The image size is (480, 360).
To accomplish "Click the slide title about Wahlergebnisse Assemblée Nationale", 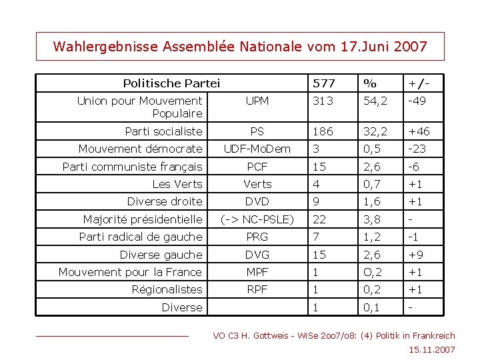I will tap(239, 47).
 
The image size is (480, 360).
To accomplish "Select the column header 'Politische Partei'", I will tap(171, 83).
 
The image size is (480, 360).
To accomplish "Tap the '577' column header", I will tap(324, 83).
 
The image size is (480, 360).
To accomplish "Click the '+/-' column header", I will tap(419, 83).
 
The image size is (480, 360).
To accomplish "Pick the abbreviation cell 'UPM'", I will tap(257, 101).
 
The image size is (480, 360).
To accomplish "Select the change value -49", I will tap(418, 101).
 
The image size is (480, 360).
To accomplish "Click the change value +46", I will tap(419, 131).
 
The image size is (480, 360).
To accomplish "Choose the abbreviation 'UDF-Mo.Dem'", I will tap(257, 149).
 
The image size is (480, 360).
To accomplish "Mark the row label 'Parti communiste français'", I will tap(132, 167).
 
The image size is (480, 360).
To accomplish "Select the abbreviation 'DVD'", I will tap(257, 201).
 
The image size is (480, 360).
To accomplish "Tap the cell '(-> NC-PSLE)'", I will tap(257, 219).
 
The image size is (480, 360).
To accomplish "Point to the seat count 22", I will tap(320, 219).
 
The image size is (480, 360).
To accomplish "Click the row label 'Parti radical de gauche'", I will tap(140, 237).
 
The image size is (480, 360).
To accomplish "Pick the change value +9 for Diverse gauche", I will tap(416, 254).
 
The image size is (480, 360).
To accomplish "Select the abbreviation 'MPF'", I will tap(257, 271).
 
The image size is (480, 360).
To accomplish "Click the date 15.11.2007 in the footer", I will tap(433, 349).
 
